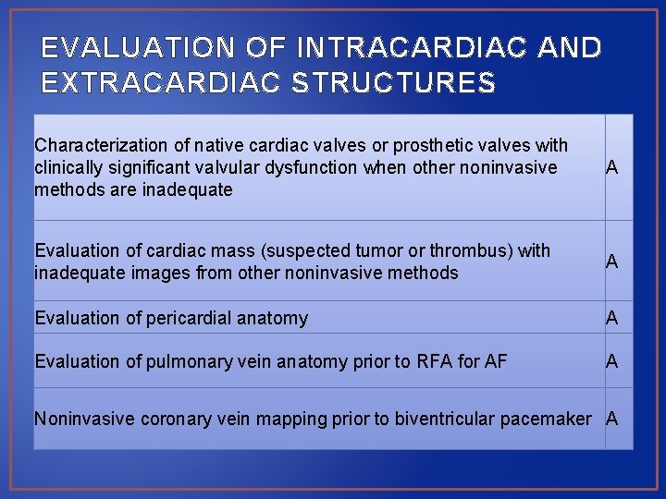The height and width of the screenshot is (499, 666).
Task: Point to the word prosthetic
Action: click(x=438, y=146)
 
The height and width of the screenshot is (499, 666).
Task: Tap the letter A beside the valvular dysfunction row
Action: click(x=611, y=167)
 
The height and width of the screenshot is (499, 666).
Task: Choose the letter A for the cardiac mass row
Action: click(x=611, y=262)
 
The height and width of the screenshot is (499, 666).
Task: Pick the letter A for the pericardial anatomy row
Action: click(x=611, y=319)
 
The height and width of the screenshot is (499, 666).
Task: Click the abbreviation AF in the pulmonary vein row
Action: click(x=495, y=361)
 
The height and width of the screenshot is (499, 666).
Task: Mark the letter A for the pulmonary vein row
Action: click(x=611, y=361)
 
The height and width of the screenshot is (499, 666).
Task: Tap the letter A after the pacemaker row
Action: click(x=611, y=419)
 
